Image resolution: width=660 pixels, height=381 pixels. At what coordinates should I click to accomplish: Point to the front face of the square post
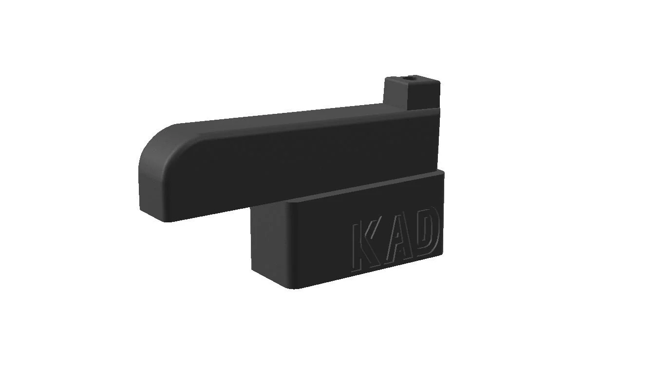coord(424,96)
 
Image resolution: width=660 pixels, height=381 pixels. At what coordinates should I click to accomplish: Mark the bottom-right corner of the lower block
coord(443,253)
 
